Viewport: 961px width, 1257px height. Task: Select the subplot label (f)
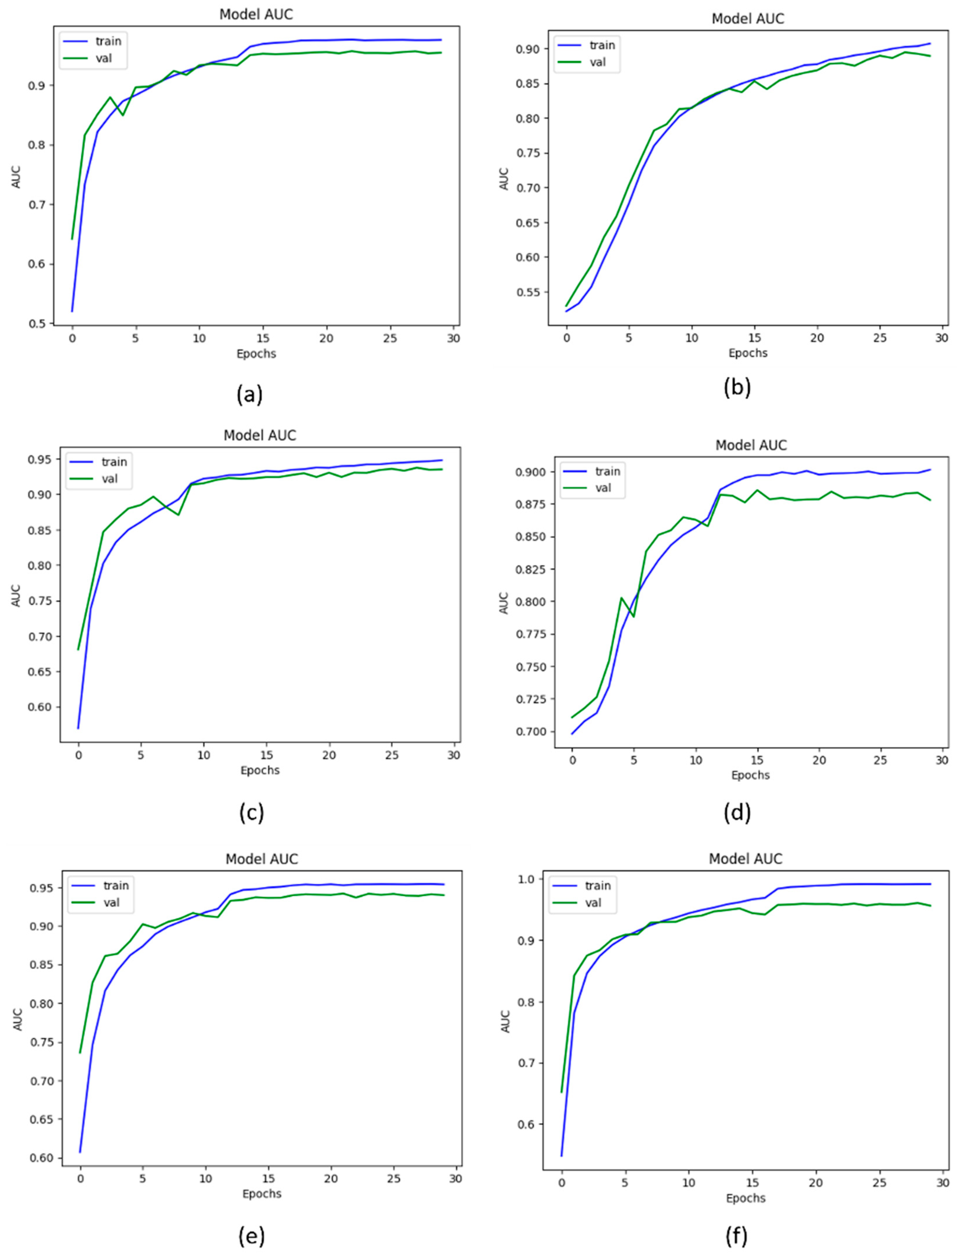[x=736, y=1236]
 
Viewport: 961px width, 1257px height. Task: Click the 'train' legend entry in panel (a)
[x=108, y=41]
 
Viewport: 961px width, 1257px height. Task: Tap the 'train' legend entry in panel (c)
[x=114, y=462]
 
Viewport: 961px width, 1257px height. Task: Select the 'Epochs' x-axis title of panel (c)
[x=260, y=770]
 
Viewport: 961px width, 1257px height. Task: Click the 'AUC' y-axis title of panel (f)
[x=506, y=1021]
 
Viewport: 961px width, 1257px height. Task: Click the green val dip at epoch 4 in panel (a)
[x=122, y=115]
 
